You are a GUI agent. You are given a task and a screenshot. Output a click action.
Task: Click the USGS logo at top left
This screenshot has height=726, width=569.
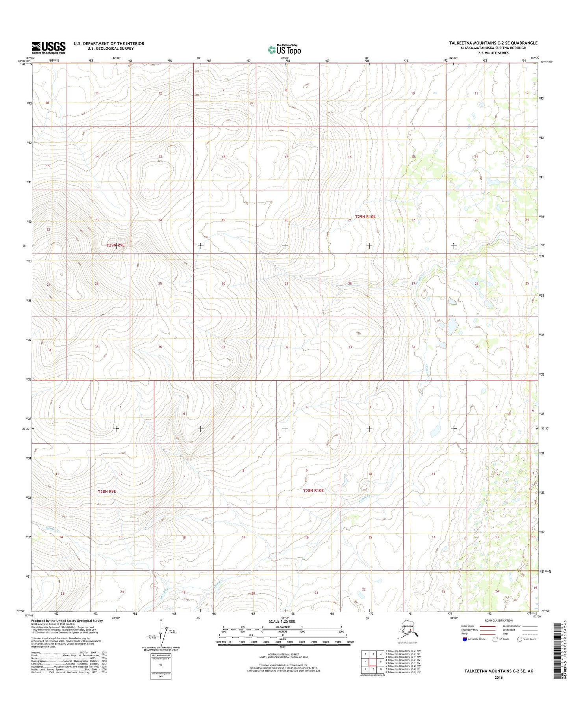pyautogui.click(x=48, y=48)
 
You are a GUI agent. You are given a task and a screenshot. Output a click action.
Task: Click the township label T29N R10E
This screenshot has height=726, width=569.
pyautogui.click(x=365, y=217)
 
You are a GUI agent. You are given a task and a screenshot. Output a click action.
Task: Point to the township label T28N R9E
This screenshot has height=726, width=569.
pyautogui.click(x=107, y=491)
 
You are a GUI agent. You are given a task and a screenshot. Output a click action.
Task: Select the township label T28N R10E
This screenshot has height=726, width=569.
pyautogui.click(x=313, y=490)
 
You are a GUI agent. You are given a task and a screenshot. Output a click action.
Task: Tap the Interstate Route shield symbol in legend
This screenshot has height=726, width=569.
pyautogui.click(x=465, y=639)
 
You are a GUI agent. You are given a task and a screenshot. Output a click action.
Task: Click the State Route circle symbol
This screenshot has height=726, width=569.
pyautogui.click(x=520, y=639)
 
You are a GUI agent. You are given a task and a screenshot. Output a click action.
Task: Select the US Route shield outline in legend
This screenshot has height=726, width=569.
pyautogui.click(x=495, y=639)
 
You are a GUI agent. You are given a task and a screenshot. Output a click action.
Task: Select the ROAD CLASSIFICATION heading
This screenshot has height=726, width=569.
pyautogui.click(x=499, y=620)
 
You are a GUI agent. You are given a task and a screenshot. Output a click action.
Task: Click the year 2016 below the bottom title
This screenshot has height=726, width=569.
pyautogui.click(x=499, y=678)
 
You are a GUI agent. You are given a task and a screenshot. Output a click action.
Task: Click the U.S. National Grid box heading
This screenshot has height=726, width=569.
pyautogui.click(x=161, y=655)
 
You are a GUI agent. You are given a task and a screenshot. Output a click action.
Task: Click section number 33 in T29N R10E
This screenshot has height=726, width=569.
pyautogui.click(x=350, y=347)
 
